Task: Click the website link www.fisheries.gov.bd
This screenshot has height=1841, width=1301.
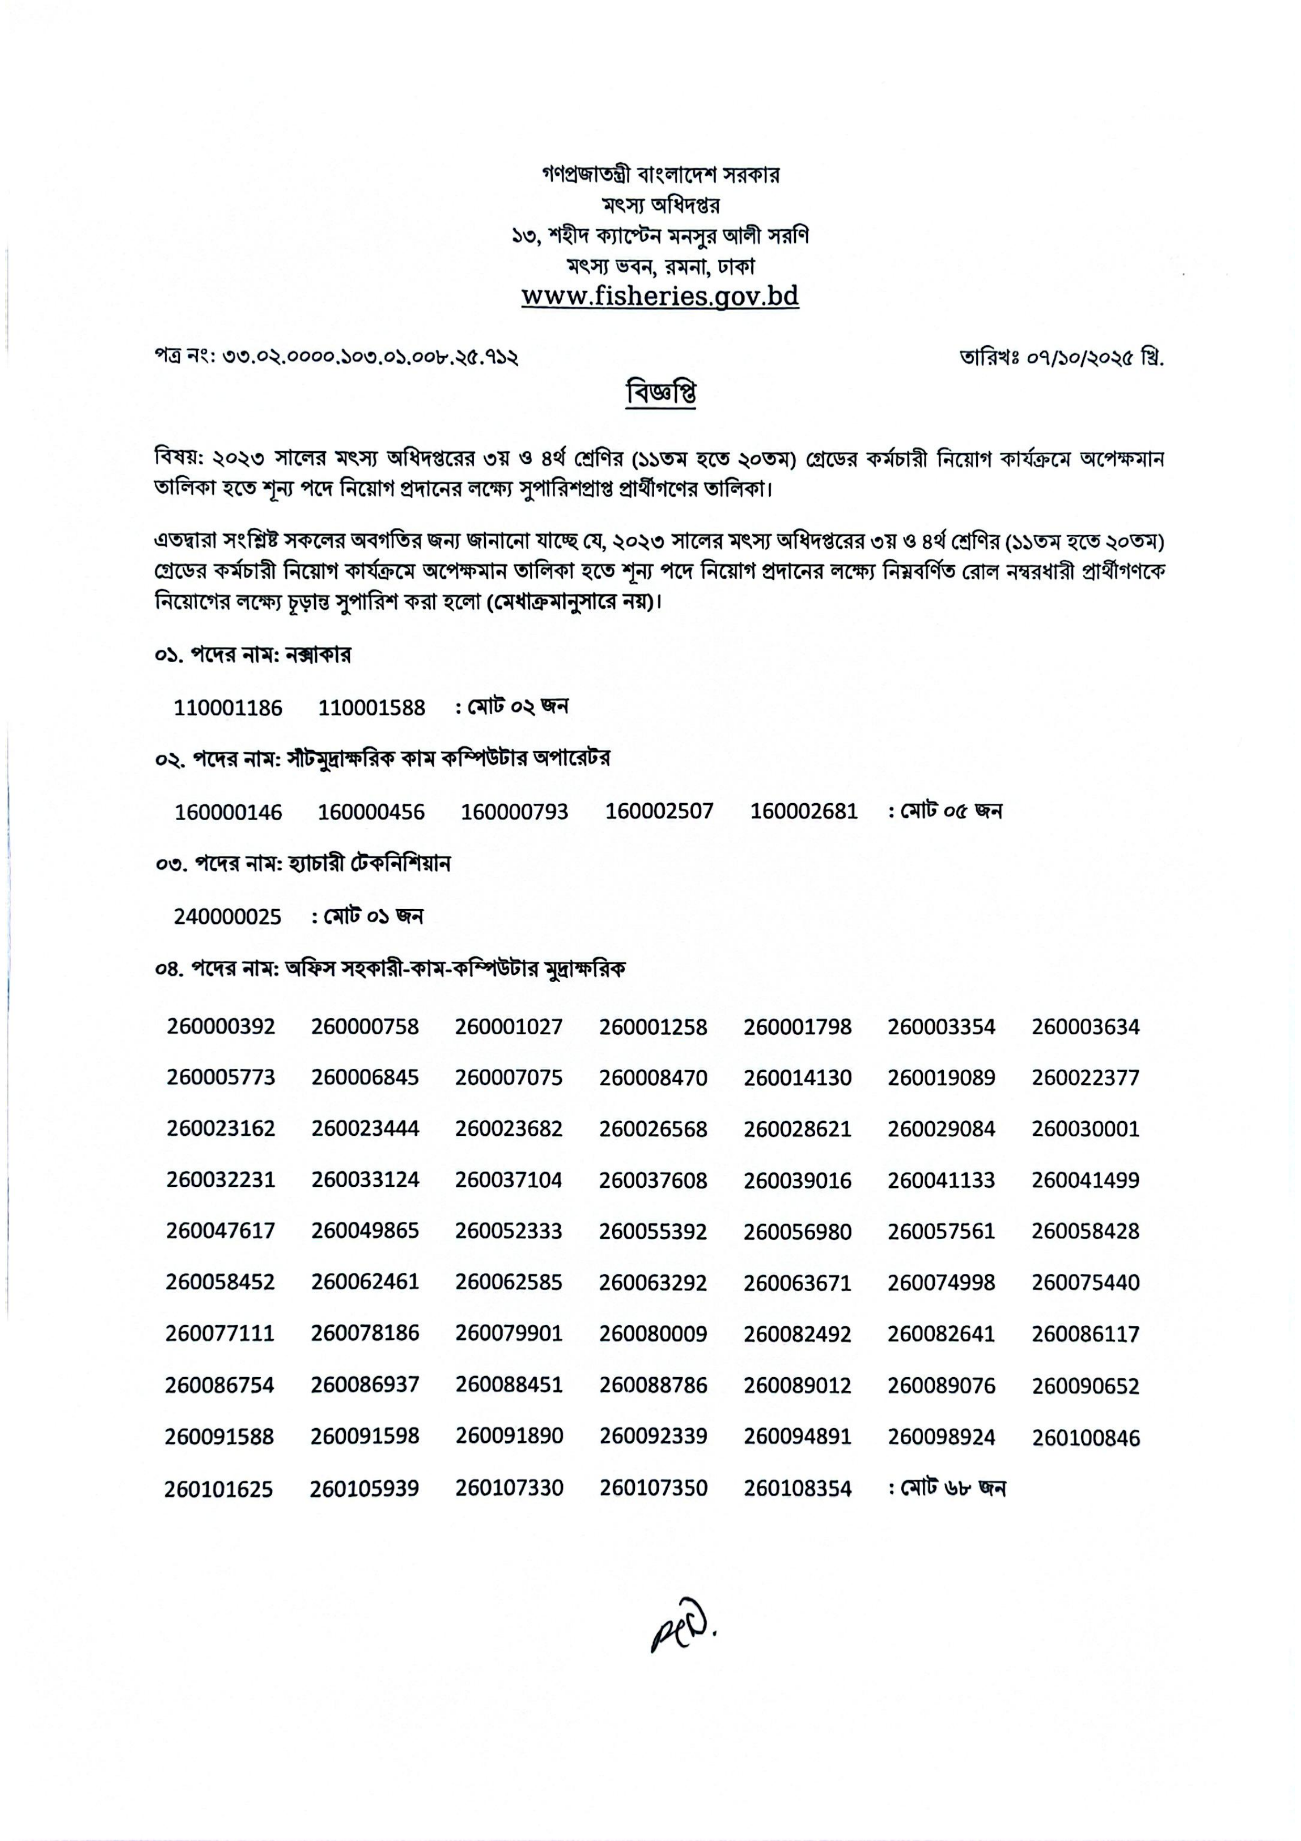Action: coord(660,296)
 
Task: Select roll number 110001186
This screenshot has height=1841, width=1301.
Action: coord(228,708)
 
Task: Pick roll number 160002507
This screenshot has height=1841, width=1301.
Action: coord(659,812)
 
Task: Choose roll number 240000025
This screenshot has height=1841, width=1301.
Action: coord(228,917)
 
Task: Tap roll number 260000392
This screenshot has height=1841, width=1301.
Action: coord(221,1026)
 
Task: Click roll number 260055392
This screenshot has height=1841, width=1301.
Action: coord(653,1231)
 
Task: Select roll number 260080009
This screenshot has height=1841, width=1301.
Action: coord(653,1334)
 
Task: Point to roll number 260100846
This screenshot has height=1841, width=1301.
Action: coord(1085,1438)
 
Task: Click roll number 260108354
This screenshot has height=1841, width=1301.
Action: coord(797,1489)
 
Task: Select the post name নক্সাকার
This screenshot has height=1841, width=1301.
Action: coord(318,655)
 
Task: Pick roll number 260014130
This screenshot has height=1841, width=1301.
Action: coord(797,1078)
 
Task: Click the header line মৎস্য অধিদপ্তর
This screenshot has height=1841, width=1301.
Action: coord(660,205)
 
